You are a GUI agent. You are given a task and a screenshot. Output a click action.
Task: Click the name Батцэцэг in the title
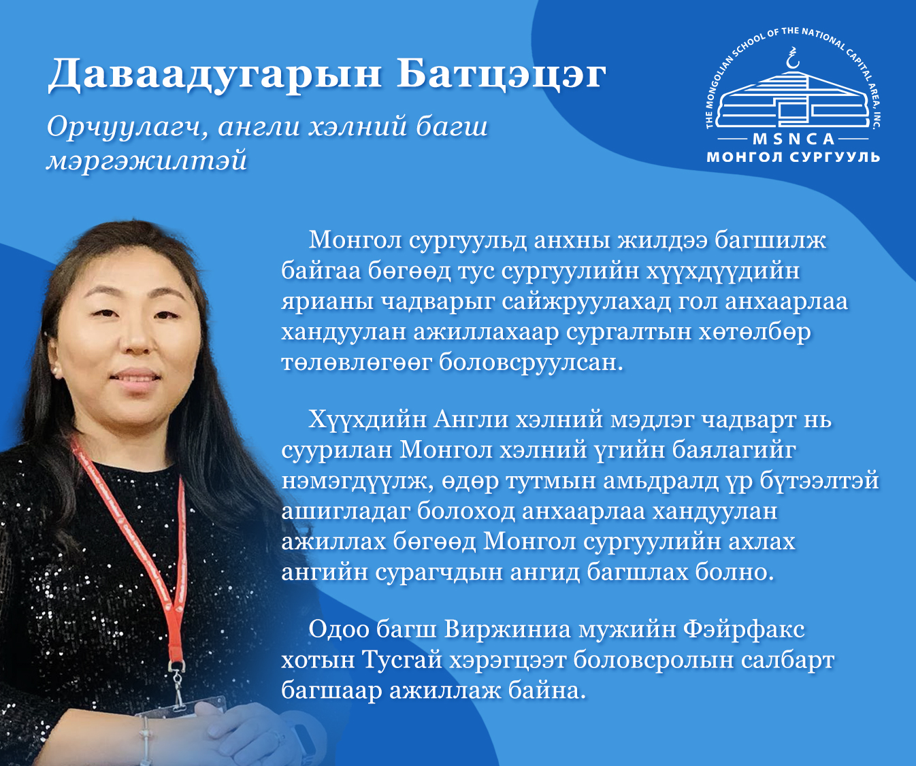[502, 75]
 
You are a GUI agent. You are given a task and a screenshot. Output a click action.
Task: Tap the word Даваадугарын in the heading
[214, 76]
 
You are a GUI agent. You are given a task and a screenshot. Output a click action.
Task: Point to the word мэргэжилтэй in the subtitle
[147, 161]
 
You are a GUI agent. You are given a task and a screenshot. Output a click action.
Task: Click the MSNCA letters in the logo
[794, 139]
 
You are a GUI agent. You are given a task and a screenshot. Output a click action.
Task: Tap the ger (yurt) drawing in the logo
[794, 100]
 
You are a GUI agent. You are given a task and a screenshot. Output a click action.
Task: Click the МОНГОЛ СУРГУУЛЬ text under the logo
[794, 157]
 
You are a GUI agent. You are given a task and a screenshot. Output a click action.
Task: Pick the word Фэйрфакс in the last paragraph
[744, 630]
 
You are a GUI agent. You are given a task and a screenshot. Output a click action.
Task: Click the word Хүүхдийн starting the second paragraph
[367, 420]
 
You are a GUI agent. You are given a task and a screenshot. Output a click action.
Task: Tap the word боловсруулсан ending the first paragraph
[531, 363]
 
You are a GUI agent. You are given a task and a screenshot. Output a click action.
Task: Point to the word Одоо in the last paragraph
[339, 630]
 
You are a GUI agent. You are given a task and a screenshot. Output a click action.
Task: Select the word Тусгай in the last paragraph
[402, 661]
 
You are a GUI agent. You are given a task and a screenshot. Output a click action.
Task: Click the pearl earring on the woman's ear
[56, 371]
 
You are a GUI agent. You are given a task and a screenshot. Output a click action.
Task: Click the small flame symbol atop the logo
[792, 58]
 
